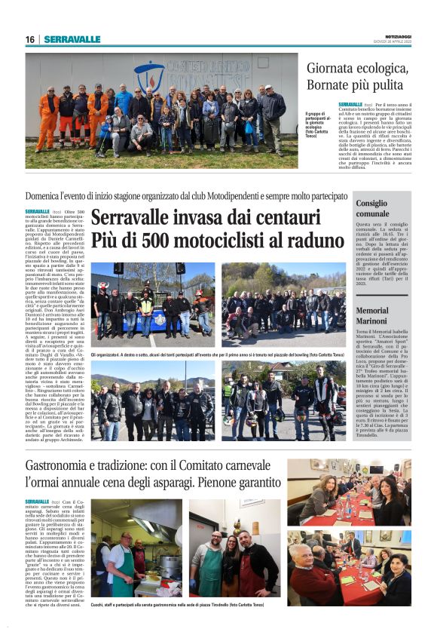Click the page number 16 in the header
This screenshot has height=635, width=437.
click(x=29, y=39)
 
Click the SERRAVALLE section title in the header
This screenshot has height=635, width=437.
click(x=72, y=39)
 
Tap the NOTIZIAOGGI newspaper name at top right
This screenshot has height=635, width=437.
click(x=394, y=37)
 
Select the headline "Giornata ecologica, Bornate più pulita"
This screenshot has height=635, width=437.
click(x=357, y=76)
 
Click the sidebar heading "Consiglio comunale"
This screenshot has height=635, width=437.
click(x=372, y=208)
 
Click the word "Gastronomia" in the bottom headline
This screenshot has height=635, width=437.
click(x=67, y=466)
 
